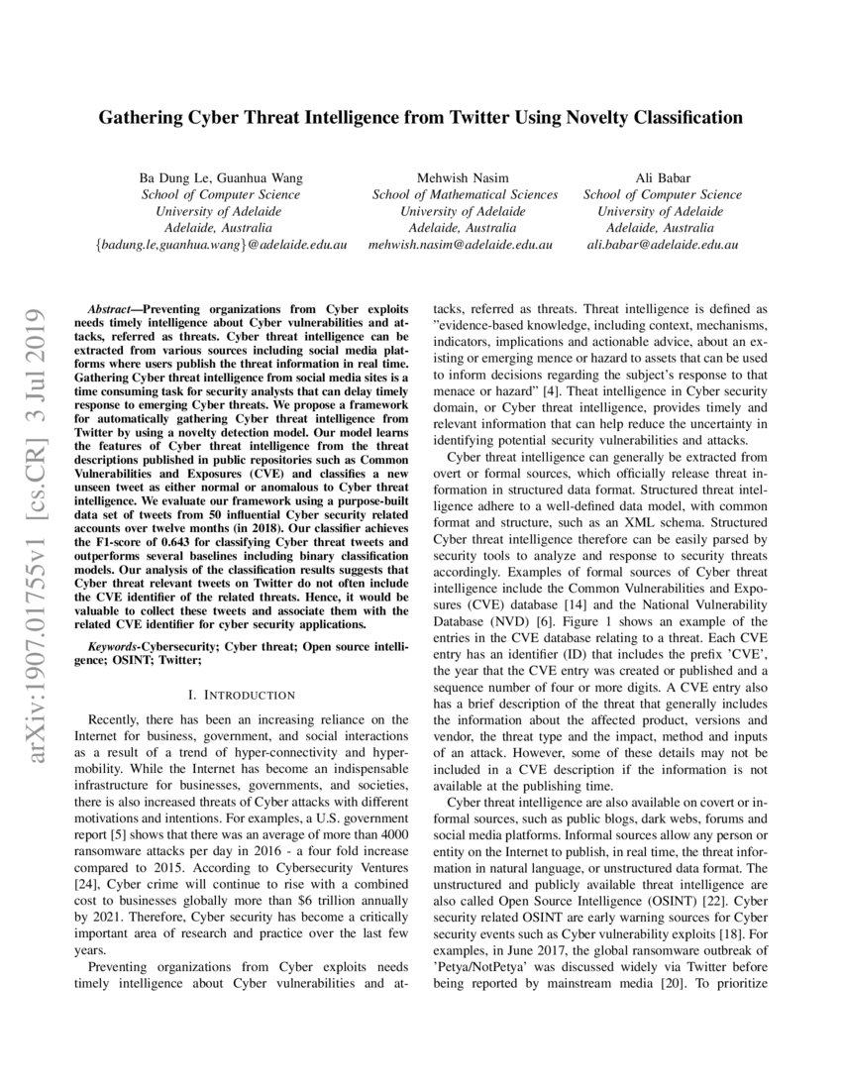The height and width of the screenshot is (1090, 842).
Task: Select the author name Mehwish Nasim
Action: point(465,177)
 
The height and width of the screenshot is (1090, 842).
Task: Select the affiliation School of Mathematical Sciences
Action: point(465,194)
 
